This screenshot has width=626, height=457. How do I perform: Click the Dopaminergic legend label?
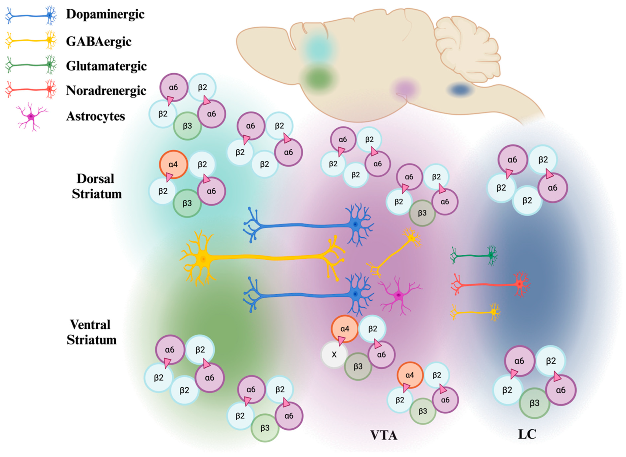click(105, 14)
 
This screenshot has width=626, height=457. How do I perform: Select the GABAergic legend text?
click(98, 42)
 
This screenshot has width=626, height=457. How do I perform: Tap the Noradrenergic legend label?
click(106, 90)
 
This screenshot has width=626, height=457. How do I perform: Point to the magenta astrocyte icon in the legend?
click(31, 116)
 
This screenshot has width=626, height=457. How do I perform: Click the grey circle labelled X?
click(334, 355)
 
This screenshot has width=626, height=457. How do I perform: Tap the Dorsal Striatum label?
click(97, 186)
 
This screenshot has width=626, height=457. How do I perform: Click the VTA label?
click(384, 435)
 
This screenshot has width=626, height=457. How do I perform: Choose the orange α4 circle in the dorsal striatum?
click(173, 165)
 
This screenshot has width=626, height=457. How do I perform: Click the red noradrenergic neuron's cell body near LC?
click(520, 284)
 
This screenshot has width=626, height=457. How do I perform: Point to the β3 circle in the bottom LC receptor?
click(534, 403)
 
